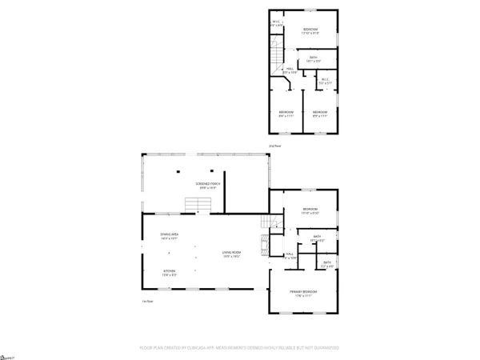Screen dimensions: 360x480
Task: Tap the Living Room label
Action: [232, 254]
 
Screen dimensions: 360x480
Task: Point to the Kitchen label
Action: [170, 273]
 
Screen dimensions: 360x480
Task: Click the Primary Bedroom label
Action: [304, 294]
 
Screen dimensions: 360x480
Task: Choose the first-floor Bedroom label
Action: [310, 211]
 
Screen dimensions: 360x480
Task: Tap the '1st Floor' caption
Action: [146, 301]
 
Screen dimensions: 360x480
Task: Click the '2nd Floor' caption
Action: [275, 146]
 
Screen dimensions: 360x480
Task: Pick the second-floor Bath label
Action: [314, 58]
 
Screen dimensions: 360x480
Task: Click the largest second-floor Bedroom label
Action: [310, 31]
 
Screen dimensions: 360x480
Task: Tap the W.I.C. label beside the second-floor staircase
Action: [276, 23]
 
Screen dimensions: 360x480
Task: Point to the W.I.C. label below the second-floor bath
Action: [325, 80]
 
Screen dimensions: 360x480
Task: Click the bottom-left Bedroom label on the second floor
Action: [286, 113]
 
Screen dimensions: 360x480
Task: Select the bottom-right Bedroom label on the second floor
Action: [320, 113]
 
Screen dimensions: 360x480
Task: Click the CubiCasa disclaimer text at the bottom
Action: [240, 348]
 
